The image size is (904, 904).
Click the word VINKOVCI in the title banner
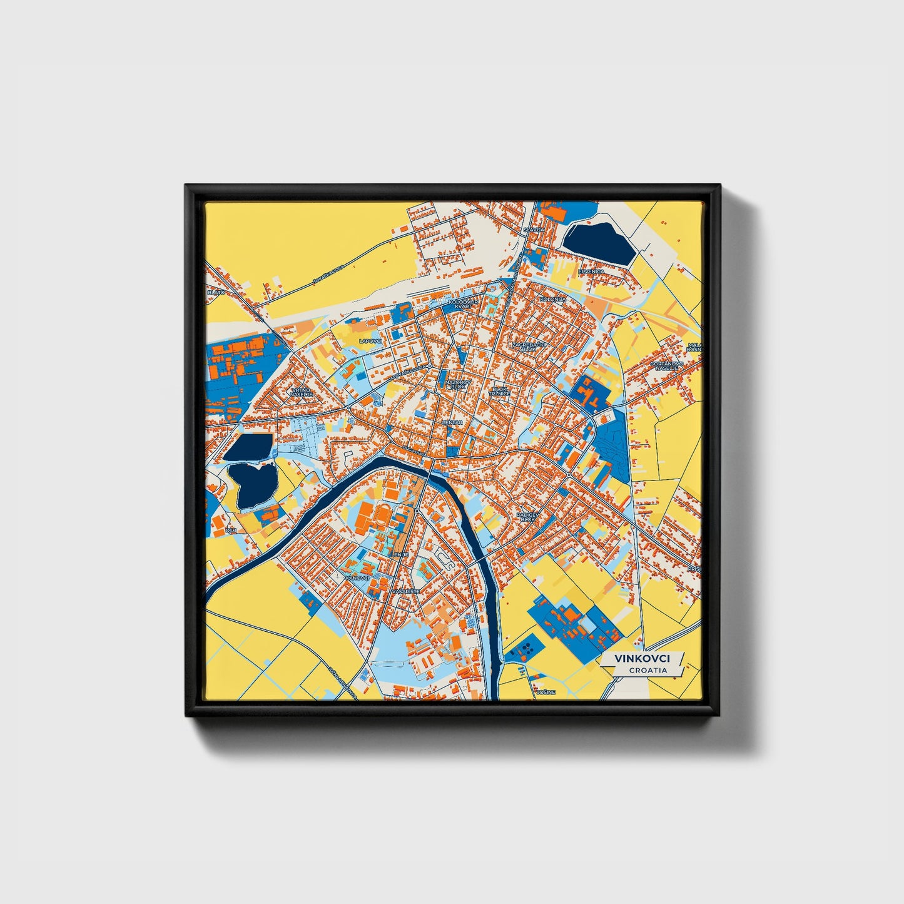coord(642,659)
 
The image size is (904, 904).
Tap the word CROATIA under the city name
coord(648,670)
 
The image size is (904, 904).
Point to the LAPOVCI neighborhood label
coord(370,341)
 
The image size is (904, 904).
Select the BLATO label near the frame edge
coord(216,292)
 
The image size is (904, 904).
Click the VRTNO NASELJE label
coord(301,392)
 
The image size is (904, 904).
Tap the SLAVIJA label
coord(534,230)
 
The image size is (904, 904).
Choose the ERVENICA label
coord(591,272)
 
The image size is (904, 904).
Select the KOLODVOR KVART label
coord(464,304)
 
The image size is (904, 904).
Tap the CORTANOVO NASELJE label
coord(667,366)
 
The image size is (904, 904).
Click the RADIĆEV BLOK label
coord(527,517)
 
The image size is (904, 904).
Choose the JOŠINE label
coord(542,693)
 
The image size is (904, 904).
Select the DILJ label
coord(231,530)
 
